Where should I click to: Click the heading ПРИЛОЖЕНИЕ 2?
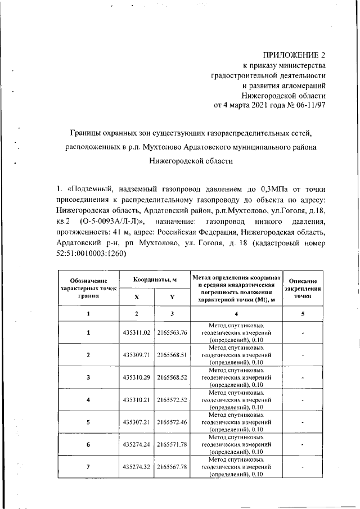pyautogui.click(x=294, y=55)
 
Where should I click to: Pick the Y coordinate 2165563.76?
pyautogui.click(x=172, y=333)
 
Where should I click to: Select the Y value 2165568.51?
pyautogui.click(x=172, y=355)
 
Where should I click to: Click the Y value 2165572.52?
pyautogui.click(x=172, y=400)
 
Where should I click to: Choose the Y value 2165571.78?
pyautogui.click(x=172, y=444)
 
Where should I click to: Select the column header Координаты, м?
pyautogui.click(x=155, y=280)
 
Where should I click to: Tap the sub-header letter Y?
pyautogui.click(x=172, y=297)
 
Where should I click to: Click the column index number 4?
pyautogui.click(x=236, y=313)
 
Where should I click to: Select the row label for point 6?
pyautogui.click(x=88, y=444)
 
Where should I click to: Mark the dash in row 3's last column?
pyautogui.click(x=303, y=378)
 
